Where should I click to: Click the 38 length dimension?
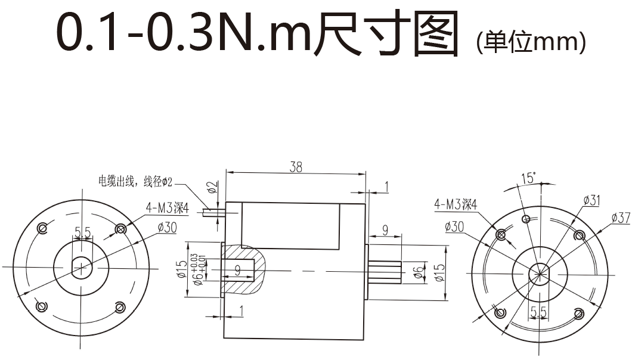click(296, 167)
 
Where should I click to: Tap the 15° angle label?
click(528, 178)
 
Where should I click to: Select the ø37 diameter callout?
click(620, 218)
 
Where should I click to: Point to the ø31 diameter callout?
click(591, 200)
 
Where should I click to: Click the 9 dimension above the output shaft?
click(385, 229)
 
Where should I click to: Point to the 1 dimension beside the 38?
click(386, 188)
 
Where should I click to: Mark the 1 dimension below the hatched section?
click(241, 310)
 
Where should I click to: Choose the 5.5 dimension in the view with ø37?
click(538, 311)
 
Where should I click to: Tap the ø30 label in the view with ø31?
click(454, 226)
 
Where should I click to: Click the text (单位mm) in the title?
click(531, 42)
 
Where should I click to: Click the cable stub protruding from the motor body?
click(212, 211)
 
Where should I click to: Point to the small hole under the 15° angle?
click(526, 219)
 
